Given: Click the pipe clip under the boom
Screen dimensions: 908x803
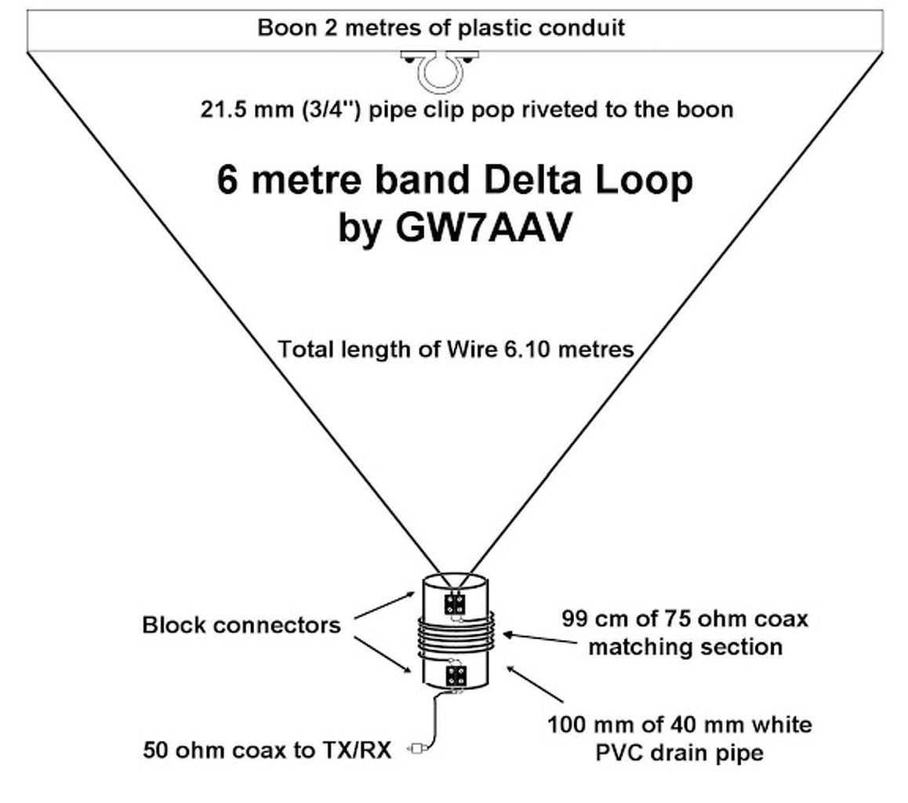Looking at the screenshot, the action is pyautogui.click(x=440, y=71).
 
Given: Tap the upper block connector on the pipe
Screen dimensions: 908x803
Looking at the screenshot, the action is pyautogui.click(x=455, y=605).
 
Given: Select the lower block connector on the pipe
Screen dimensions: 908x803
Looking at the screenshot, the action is pyautogui.click(x=456, y=675).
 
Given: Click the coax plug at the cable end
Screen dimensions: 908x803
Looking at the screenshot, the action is pyautogui.click(x=419, y=749).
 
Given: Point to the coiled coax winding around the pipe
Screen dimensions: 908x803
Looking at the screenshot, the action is pyautogui.click(x=455, y=636).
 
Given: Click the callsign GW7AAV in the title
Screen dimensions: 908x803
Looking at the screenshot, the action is pyautogui.click(x=484, y=227).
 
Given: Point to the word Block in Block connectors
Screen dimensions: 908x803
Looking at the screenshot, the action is pyautogui.click(x=174, y=625).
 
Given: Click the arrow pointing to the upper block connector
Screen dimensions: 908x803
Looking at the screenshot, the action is pyautogui.click(x=385, y=605).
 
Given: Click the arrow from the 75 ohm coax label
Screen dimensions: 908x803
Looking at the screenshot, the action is pyautogui.click(x=541, y=638).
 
